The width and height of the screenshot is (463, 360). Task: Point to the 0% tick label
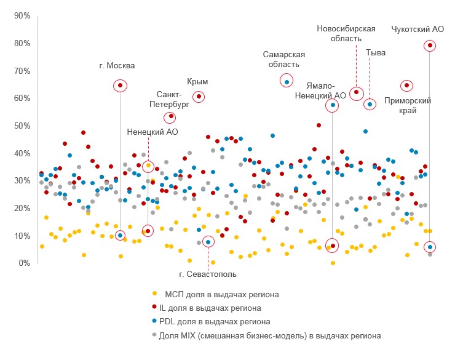(x=23, y=263)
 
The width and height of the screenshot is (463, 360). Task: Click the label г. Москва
(x=116, y=65)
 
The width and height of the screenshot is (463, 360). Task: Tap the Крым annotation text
(x=197, y=81)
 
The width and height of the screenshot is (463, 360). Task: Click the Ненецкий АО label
(x=152, y=131)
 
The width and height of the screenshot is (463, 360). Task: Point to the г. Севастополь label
(x=207, y=274)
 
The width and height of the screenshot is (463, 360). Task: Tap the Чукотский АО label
(x=417, y=29)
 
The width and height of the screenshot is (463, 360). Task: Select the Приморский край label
(x=407, y=105)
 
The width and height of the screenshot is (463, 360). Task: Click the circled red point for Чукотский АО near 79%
(x=430, y=46)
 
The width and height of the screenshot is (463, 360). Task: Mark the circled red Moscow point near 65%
(x=121, y=86)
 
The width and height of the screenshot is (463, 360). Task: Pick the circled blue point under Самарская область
(x=287, y=81)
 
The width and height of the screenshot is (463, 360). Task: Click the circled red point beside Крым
(x=199, y=97)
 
